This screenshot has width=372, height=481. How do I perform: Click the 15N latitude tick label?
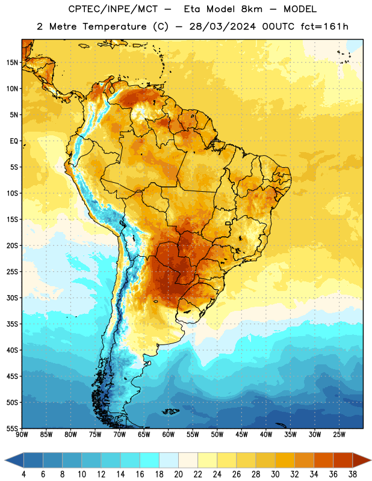pyautogui.click(x=12, y=63)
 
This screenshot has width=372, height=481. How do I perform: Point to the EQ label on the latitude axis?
pyautogui.click(x=14, y=141)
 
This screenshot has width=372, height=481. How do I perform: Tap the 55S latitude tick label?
pyautogui.click(x=12, y=428)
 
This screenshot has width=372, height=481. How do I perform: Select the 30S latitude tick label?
pyautogui.click(x=12, y=298)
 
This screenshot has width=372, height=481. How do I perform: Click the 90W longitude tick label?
pyautogui.click(x=22, y=435)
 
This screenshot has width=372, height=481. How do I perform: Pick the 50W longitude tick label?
pyautogui.click(x=217, y=435)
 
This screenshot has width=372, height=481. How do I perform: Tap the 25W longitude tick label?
pyautogui.click(x=339, y=435)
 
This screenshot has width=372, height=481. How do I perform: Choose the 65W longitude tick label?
pyautogui.click(x=144, y=435)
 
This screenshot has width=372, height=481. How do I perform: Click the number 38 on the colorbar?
pyautogui.click(x=353, y=474)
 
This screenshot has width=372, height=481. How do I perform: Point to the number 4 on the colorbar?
pyautogui.click(x=23, y=474)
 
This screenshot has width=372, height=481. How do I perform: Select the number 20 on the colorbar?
pyautogui.click(x=178, y=474)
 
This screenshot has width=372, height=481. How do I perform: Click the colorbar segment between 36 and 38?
pyautogui.click(x=343, y=460)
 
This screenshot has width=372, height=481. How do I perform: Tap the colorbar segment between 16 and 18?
pyautogui.click(x=150, y=460)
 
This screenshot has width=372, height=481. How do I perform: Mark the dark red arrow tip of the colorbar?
pyautogui.click(x=370, y=460)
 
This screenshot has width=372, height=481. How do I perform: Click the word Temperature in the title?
pyautogui.click(x=114, y=26)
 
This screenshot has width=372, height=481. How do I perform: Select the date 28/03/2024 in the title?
pyautogui.click(x=222, y=26)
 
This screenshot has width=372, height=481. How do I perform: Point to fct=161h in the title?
pyautogui.click(x=324, y=26)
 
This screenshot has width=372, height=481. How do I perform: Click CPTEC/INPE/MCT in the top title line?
pyautogui.click(x=113, y=9)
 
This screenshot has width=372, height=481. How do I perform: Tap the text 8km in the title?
pyautogui.click(x=252, y=9)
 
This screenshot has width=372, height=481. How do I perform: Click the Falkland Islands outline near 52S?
pyautogui.click(x=170, y=411)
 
